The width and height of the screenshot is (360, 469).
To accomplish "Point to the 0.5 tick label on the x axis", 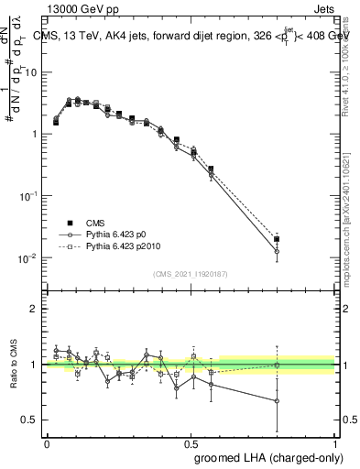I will coord(191,443).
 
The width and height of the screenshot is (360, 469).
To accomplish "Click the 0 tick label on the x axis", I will coord(47,443).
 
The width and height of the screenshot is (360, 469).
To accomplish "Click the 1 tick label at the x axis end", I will coord(335,443).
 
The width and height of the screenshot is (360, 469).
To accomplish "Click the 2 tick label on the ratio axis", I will coord(34,309).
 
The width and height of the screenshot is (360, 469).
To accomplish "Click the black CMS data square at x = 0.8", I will coord(277,239).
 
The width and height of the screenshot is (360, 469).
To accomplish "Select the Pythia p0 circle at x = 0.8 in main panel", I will coord(277,251).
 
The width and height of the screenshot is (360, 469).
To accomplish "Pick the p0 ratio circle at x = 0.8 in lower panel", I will coord(277,400).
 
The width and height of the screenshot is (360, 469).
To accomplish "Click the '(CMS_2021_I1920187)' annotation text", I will coord(191,273).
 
